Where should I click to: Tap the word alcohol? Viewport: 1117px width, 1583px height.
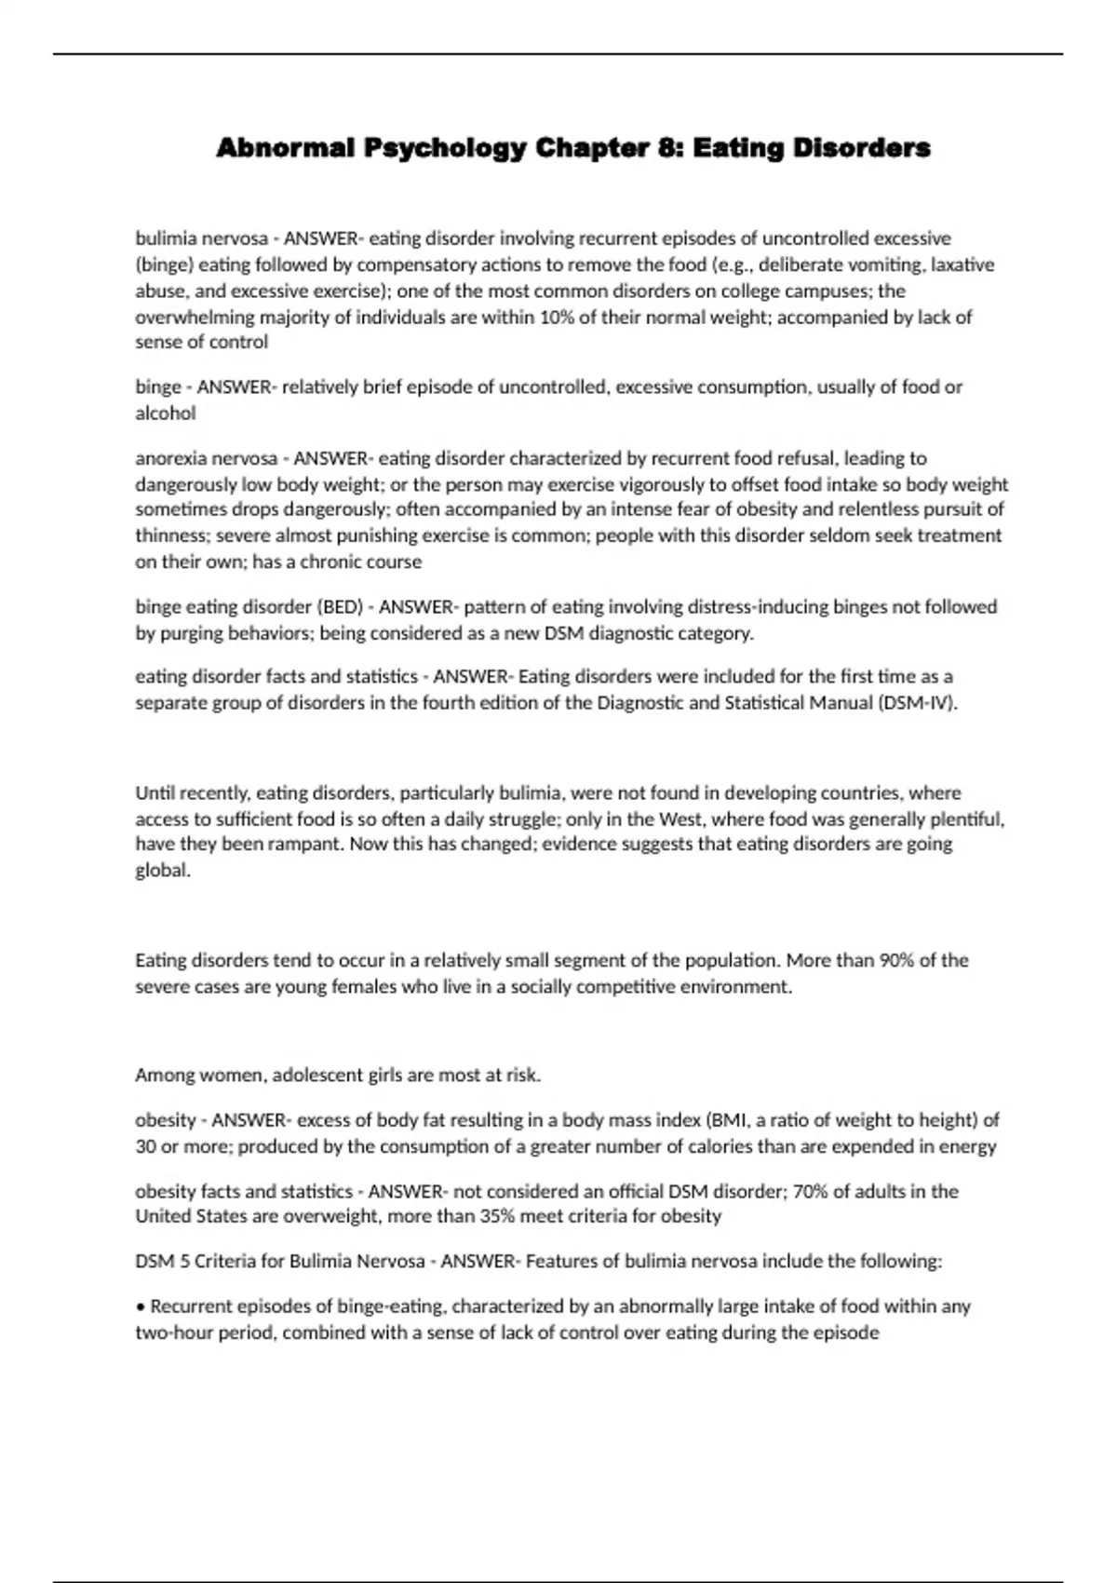pyautogui.click(x=166, y=413)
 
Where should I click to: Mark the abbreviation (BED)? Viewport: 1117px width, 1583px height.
pyautogui.click(x=341, y=607)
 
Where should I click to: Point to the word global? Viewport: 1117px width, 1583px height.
pyautogui.click(x=163, y=871)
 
